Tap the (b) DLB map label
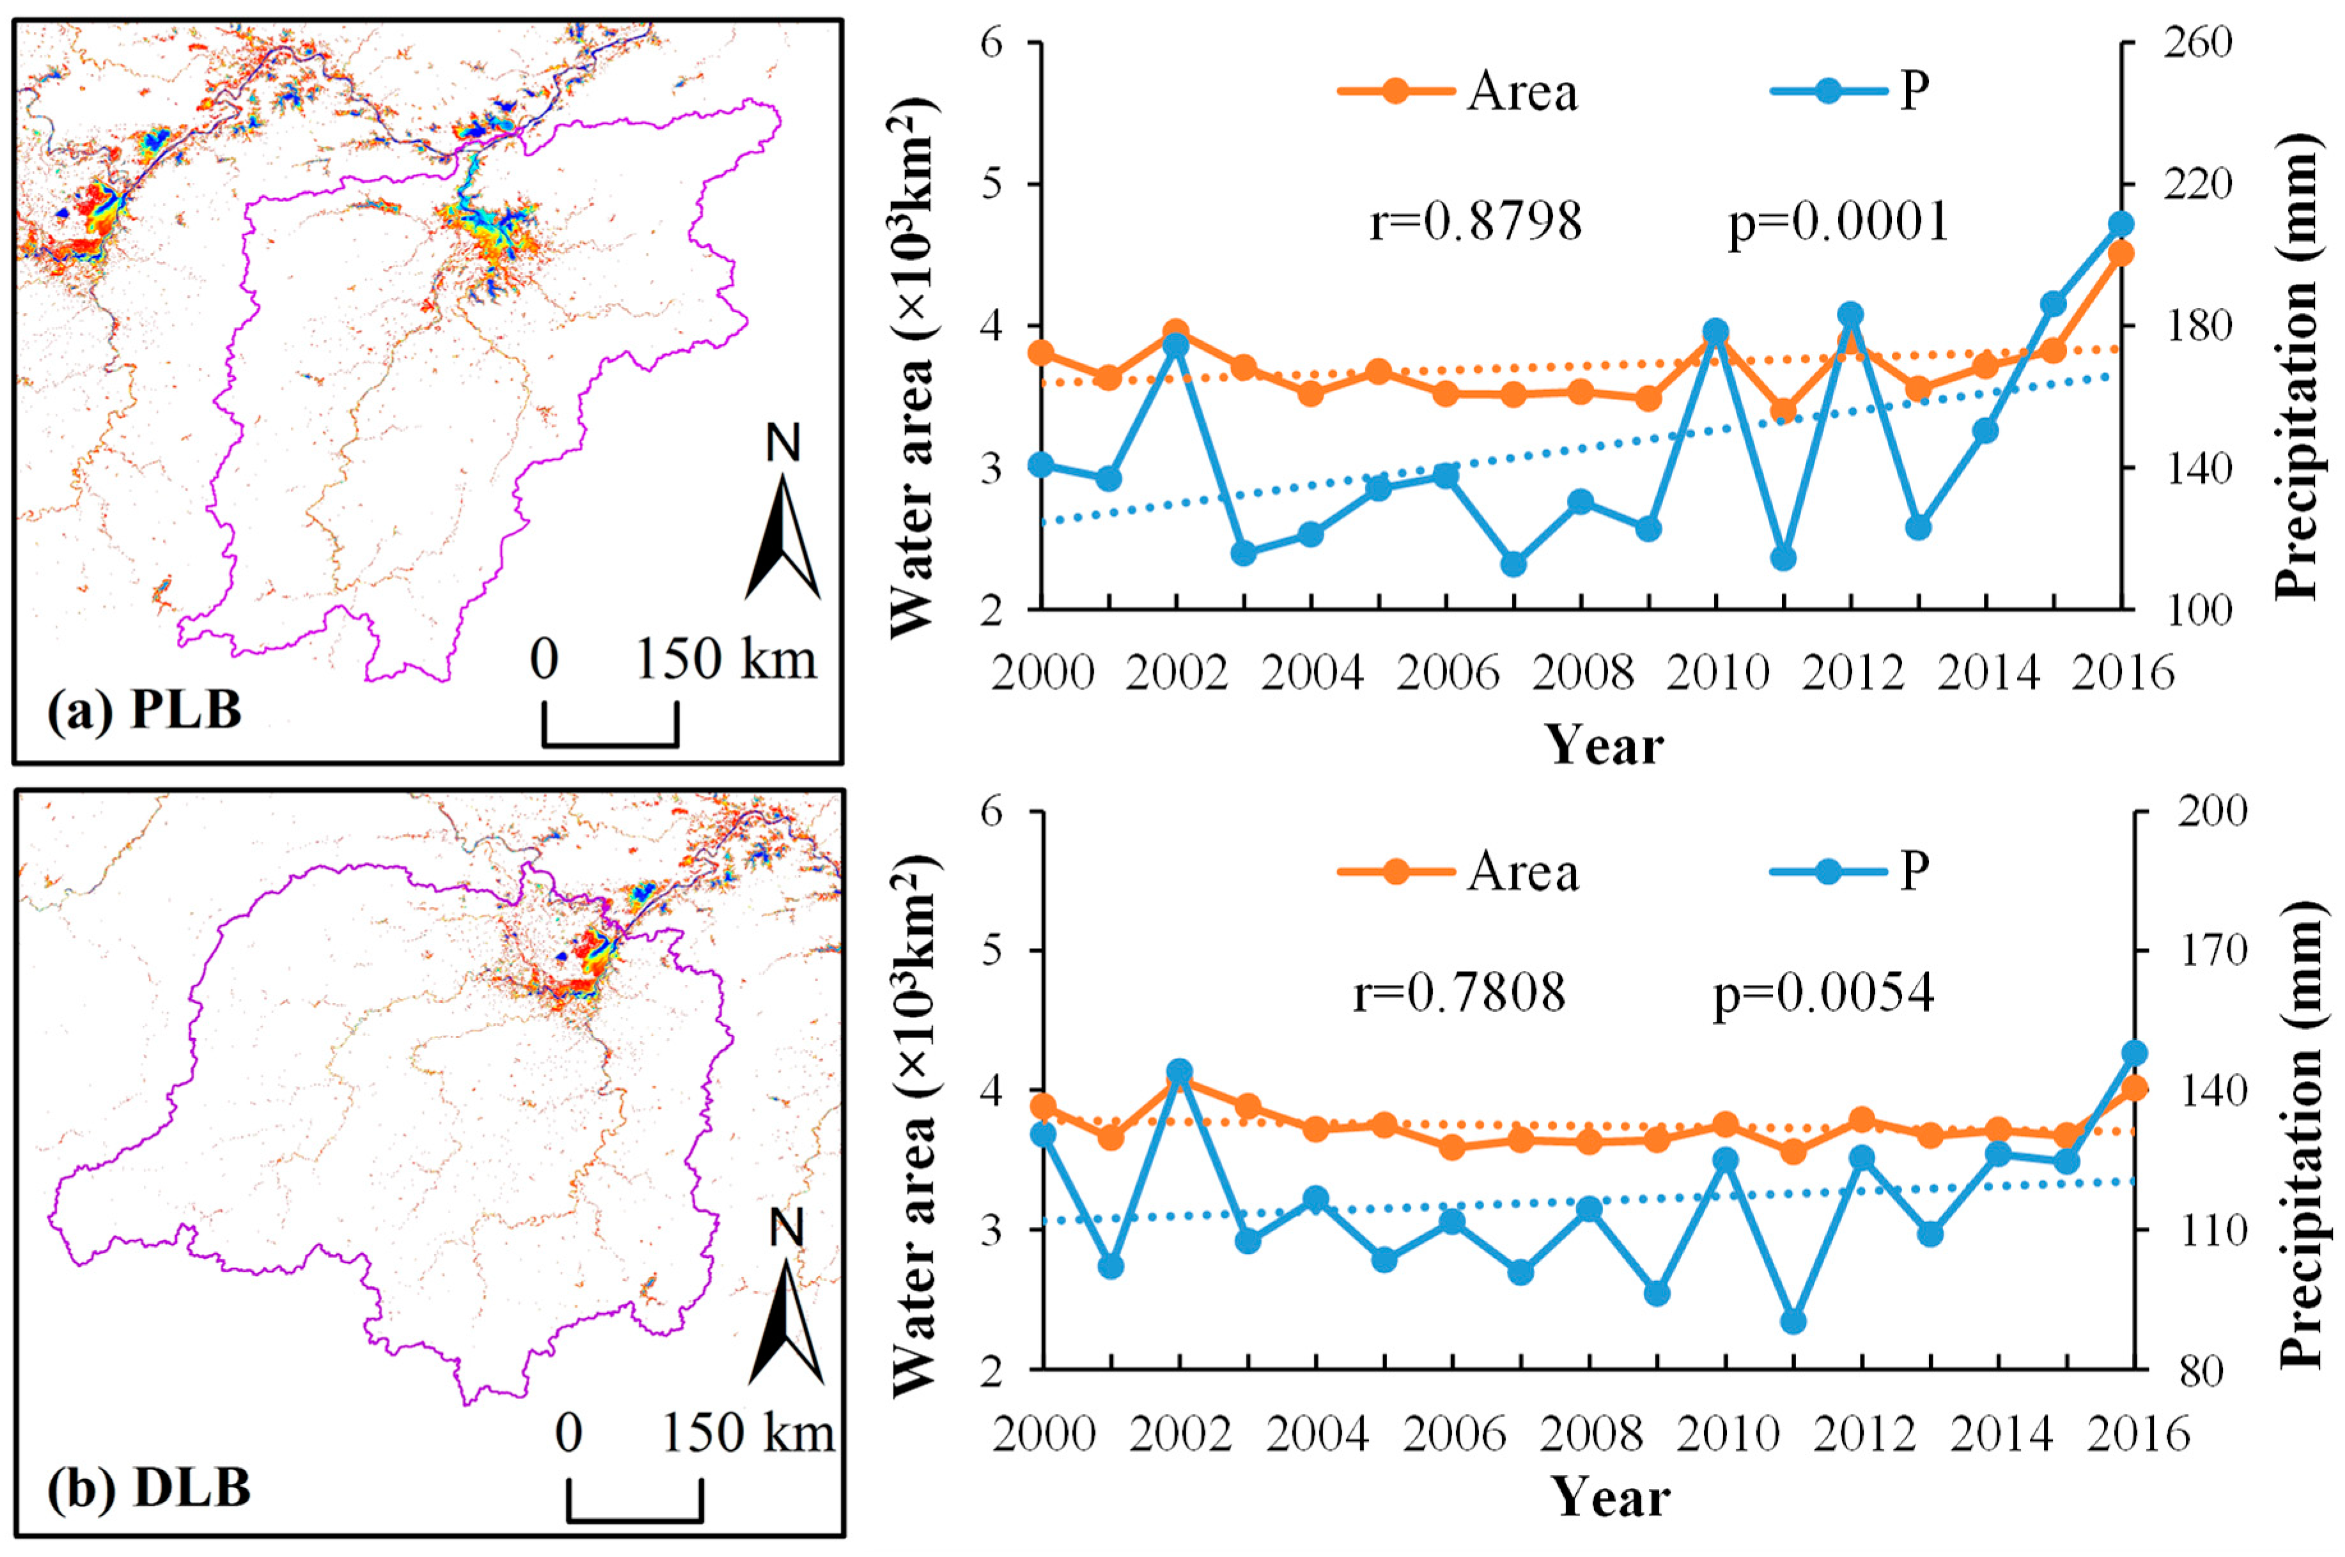149,1487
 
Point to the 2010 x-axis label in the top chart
1717,673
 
